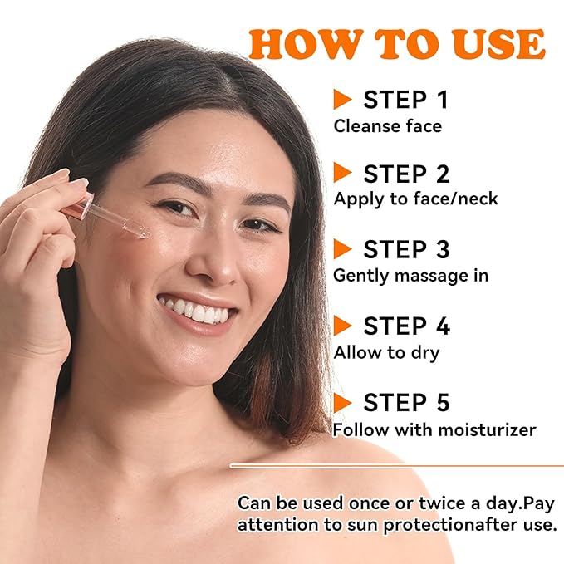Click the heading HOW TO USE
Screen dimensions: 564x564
point(397,43)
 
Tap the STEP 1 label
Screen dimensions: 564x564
point(405,100)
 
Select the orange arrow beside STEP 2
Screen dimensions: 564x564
point(342,173)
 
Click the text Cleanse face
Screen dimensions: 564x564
point(387,126)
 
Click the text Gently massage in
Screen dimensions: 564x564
point(411,275)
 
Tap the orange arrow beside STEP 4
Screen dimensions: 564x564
point(342,326)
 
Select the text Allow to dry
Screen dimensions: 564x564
point(386,352)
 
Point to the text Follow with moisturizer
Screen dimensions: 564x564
point(434,429)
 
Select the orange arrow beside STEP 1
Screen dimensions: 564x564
point(342,100)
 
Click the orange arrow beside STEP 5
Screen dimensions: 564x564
point(342,403)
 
